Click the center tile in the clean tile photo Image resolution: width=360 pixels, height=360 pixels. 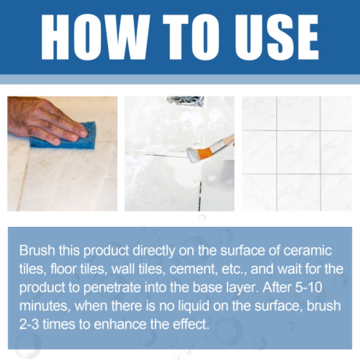[298, 152]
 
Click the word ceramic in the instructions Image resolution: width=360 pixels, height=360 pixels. [313, 250]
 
